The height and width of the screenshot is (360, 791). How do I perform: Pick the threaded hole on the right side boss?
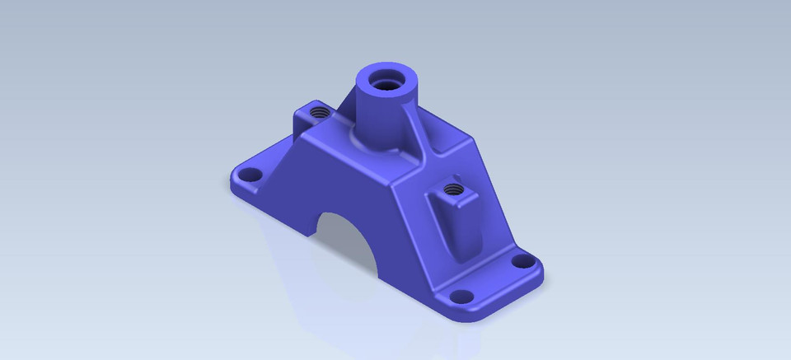tap(451, 190)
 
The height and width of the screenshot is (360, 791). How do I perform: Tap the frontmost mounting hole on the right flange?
tap(464, 296)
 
